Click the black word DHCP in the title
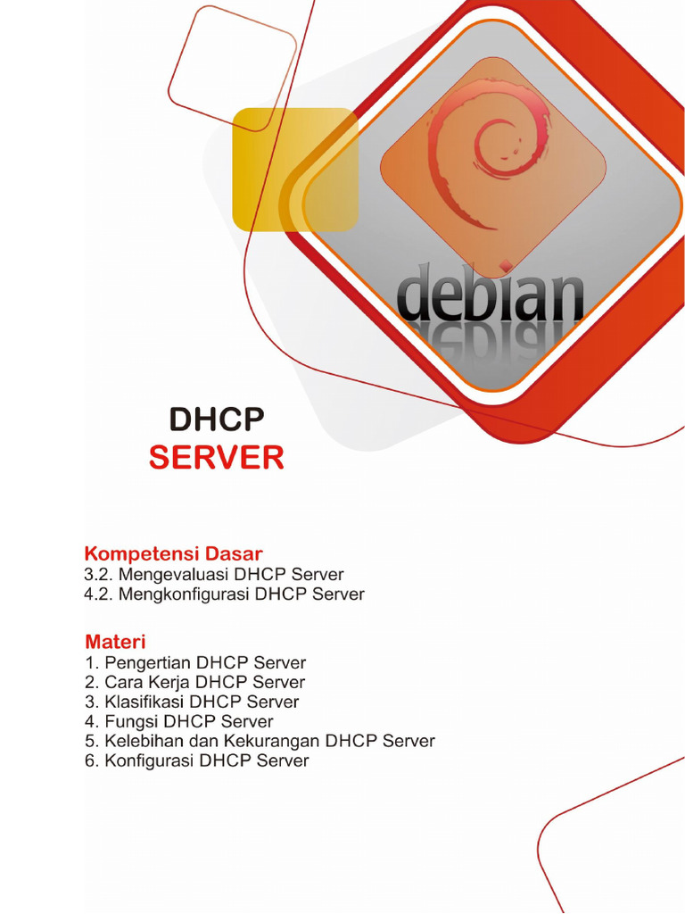(217, 420)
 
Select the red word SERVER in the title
(217, 458)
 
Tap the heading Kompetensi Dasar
(173, 553)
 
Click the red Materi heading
(115, 642)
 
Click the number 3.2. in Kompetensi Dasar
(99, 575)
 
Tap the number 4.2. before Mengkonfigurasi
(99, 594)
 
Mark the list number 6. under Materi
(91, 760)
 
